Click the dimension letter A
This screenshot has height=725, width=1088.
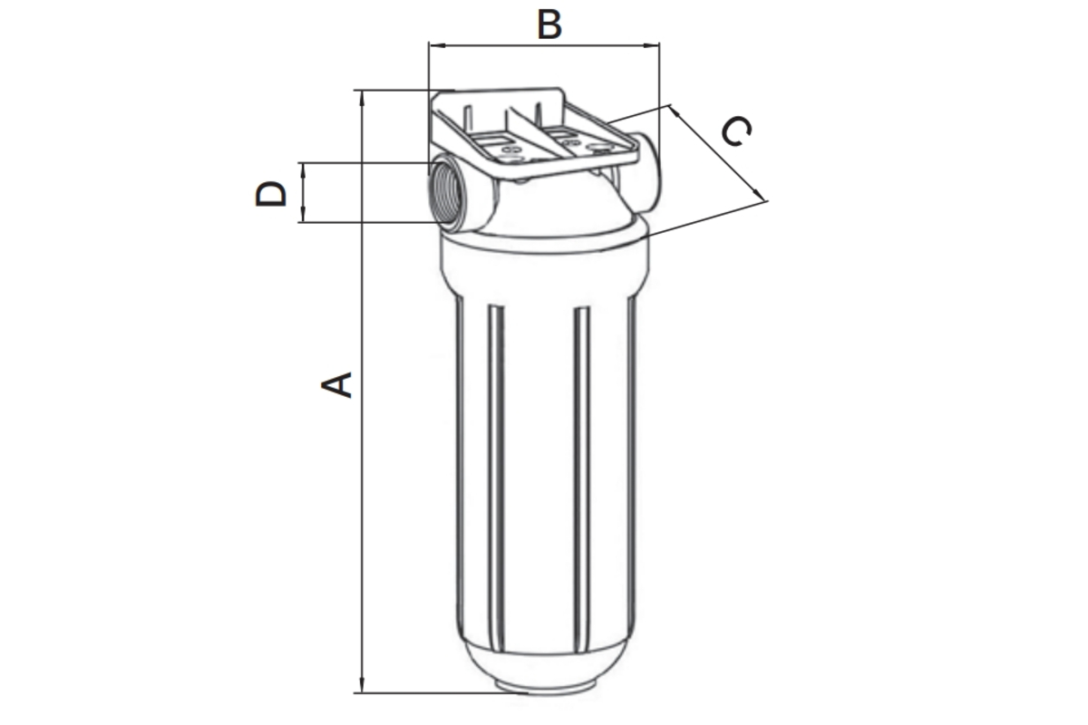[336, 385]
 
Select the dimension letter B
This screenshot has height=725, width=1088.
[549, 24]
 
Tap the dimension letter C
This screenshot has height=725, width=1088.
[736, 130]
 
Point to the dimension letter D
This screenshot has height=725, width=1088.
[271, 194]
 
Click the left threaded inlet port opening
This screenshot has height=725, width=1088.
[444, 194]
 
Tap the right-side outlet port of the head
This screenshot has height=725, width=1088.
[647, 172]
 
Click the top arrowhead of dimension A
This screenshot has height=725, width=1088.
[362, 98]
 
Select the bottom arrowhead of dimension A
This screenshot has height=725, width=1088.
[362, 685]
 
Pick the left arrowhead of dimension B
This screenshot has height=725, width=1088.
[436, 45]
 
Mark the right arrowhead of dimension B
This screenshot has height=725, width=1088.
[651, 45]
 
